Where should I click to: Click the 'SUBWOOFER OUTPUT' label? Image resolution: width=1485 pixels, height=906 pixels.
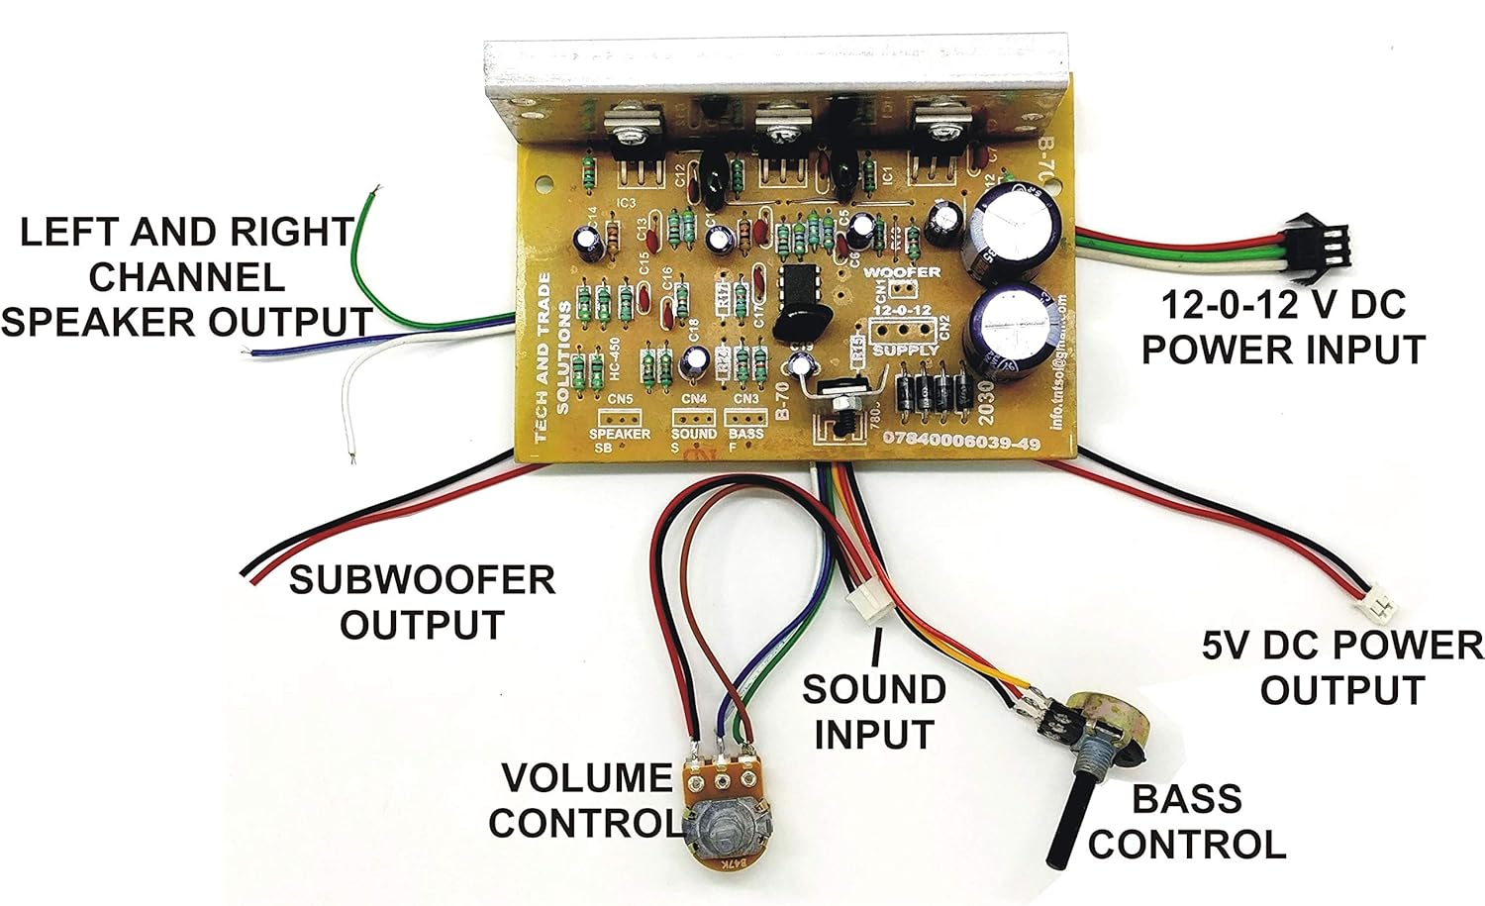pos(422,602)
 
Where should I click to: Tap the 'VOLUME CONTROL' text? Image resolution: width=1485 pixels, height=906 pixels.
pos(586,800)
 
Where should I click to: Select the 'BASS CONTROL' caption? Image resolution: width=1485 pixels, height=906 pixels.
pos(1186,821)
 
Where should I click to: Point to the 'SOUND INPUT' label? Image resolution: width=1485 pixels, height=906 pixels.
pos(873,712)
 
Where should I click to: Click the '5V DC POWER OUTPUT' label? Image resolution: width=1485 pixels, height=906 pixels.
pos(1341,667)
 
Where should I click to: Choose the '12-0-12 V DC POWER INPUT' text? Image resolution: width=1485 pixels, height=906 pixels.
pos(1283,327)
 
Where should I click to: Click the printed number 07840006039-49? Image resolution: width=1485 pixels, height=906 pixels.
pos(960,443)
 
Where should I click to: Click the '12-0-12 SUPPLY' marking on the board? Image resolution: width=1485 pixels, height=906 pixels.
pos(903,330)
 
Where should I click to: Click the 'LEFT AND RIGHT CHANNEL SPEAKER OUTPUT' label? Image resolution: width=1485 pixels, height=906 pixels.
pos(186,277)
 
